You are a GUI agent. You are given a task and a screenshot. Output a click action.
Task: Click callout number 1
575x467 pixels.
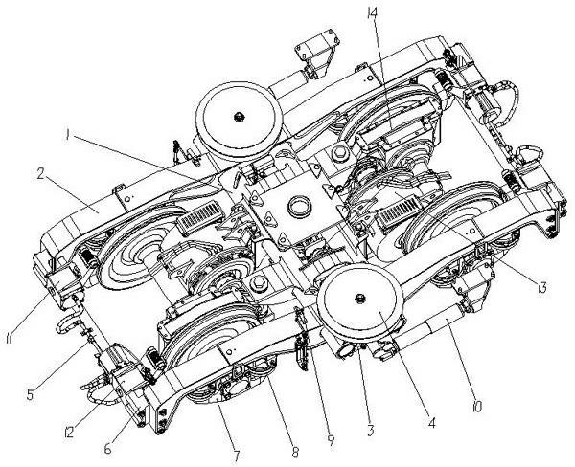67,135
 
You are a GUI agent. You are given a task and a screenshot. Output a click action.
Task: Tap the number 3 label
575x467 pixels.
370,430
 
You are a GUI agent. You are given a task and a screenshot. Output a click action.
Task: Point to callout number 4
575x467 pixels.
431,422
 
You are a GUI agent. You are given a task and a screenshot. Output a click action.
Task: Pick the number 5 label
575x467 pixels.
31,394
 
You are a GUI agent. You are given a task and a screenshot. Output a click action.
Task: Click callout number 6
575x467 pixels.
107,448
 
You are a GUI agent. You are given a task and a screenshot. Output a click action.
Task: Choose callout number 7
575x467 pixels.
237,456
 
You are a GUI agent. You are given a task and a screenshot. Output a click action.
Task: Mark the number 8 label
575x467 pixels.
295,453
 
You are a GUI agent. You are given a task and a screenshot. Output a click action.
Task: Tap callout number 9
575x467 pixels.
331,440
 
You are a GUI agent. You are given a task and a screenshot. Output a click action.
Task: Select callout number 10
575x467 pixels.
477,405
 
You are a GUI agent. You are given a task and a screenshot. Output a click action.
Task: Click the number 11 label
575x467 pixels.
10,338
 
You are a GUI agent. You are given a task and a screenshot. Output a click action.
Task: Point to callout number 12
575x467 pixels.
68,433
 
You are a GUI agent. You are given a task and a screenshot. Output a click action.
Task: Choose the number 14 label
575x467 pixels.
373,15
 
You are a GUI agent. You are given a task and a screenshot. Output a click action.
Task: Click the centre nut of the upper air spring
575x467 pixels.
239,117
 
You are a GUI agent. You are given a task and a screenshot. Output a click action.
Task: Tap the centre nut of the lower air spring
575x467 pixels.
360,299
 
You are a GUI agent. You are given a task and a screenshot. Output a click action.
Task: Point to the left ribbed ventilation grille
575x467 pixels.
200,218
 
